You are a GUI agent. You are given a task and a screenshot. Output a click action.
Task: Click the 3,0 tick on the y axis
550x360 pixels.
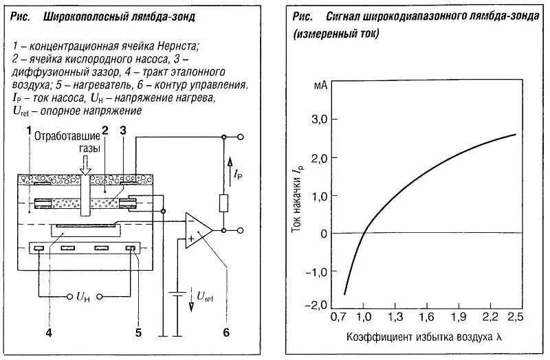[331, 120]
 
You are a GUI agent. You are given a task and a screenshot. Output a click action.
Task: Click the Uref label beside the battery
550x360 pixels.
[206, 297]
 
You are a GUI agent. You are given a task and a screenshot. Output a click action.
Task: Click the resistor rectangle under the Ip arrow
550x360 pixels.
[223, 203]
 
